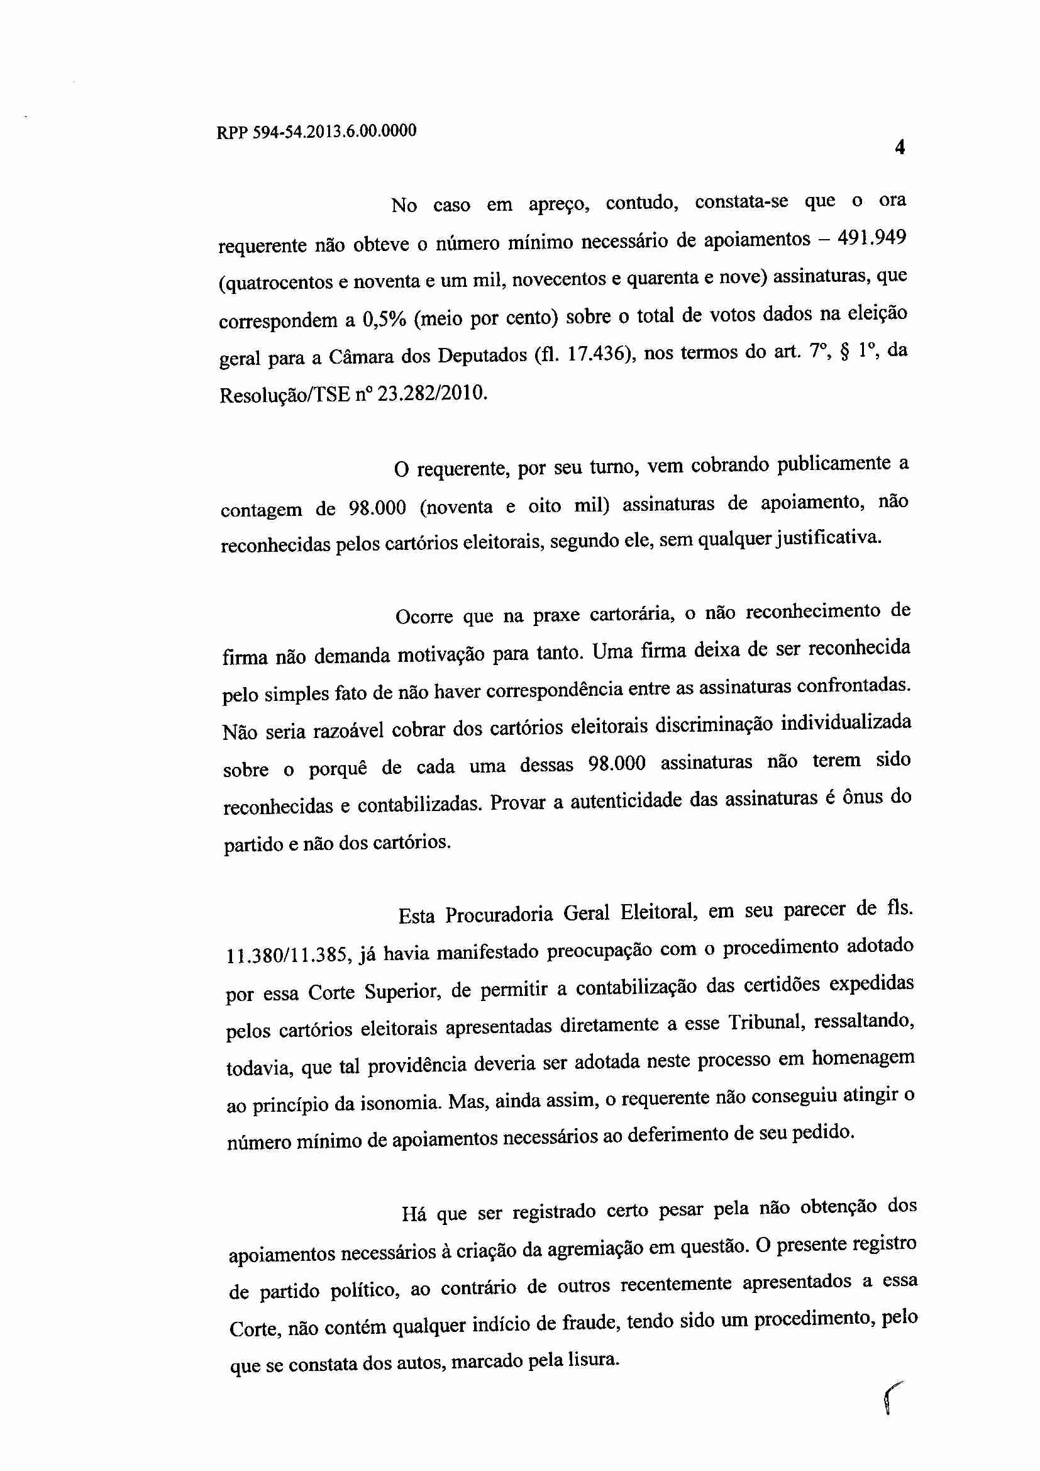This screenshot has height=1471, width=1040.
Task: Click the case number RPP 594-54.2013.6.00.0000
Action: (316, 131)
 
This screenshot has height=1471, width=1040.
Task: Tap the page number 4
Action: (900, 148)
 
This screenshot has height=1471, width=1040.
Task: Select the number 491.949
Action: (872, 238)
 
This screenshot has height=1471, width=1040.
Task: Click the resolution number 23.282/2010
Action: (432, 393)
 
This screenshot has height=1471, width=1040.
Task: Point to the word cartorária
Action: (631, 615)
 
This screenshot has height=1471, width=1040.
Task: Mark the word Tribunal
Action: (765, 1022)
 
